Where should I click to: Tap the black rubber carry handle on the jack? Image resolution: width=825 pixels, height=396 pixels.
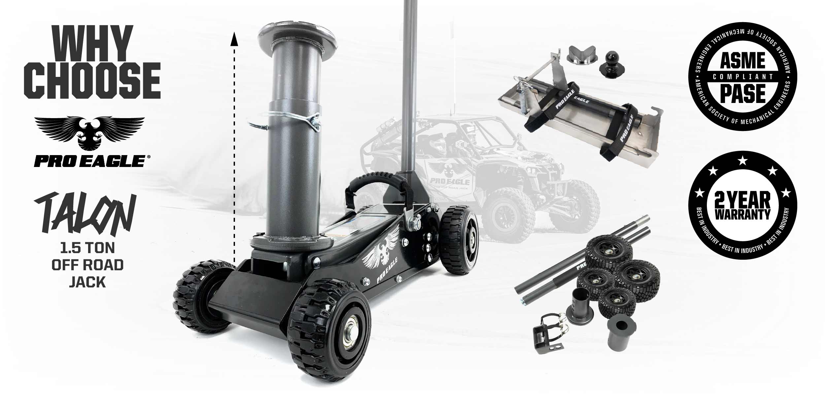tap(376, 185)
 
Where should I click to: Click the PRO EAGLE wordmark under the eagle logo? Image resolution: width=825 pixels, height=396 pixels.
tap(89, 161)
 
